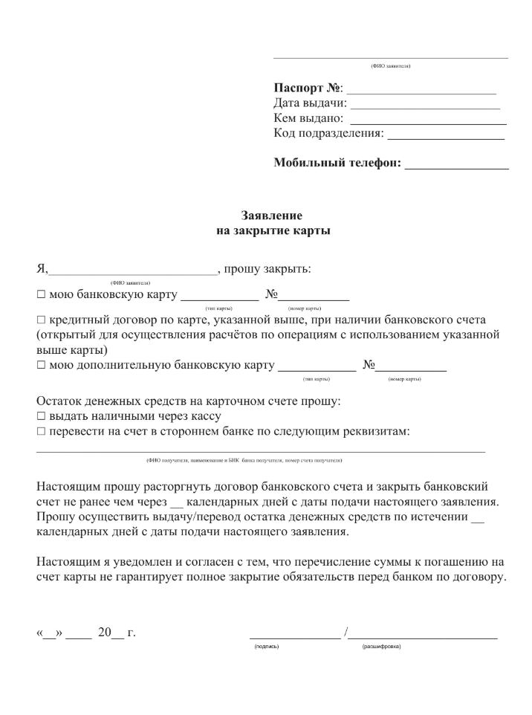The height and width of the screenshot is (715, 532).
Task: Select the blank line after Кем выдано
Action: [x=428, y=121]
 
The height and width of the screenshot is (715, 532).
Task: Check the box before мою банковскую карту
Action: [x=41, y=295]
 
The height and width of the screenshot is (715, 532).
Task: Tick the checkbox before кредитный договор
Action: [x=41, y=320]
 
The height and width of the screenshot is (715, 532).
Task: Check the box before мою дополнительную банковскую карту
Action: [x=41, y=366]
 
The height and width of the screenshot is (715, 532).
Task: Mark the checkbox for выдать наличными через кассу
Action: [x=41, y=416]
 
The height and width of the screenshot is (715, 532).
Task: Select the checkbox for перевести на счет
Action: [x=41, y=431]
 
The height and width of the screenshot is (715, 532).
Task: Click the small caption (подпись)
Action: [x=266, y=647]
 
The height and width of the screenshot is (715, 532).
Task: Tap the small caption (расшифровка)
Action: [x=381, y=647]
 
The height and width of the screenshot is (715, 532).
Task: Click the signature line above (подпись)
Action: [x=295, y=638]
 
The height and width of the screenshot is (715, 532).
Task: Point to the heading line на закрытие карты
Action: [x=271, y=230]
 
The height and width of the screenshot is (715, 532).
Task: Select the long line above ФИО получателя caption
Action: [x=260, y=450]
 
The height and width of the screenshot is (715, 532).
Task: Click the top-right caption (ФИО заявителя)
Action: [x=391, y=66]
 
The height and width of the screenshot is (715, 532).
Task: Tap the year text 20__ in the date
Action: [x=114, y=633]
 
